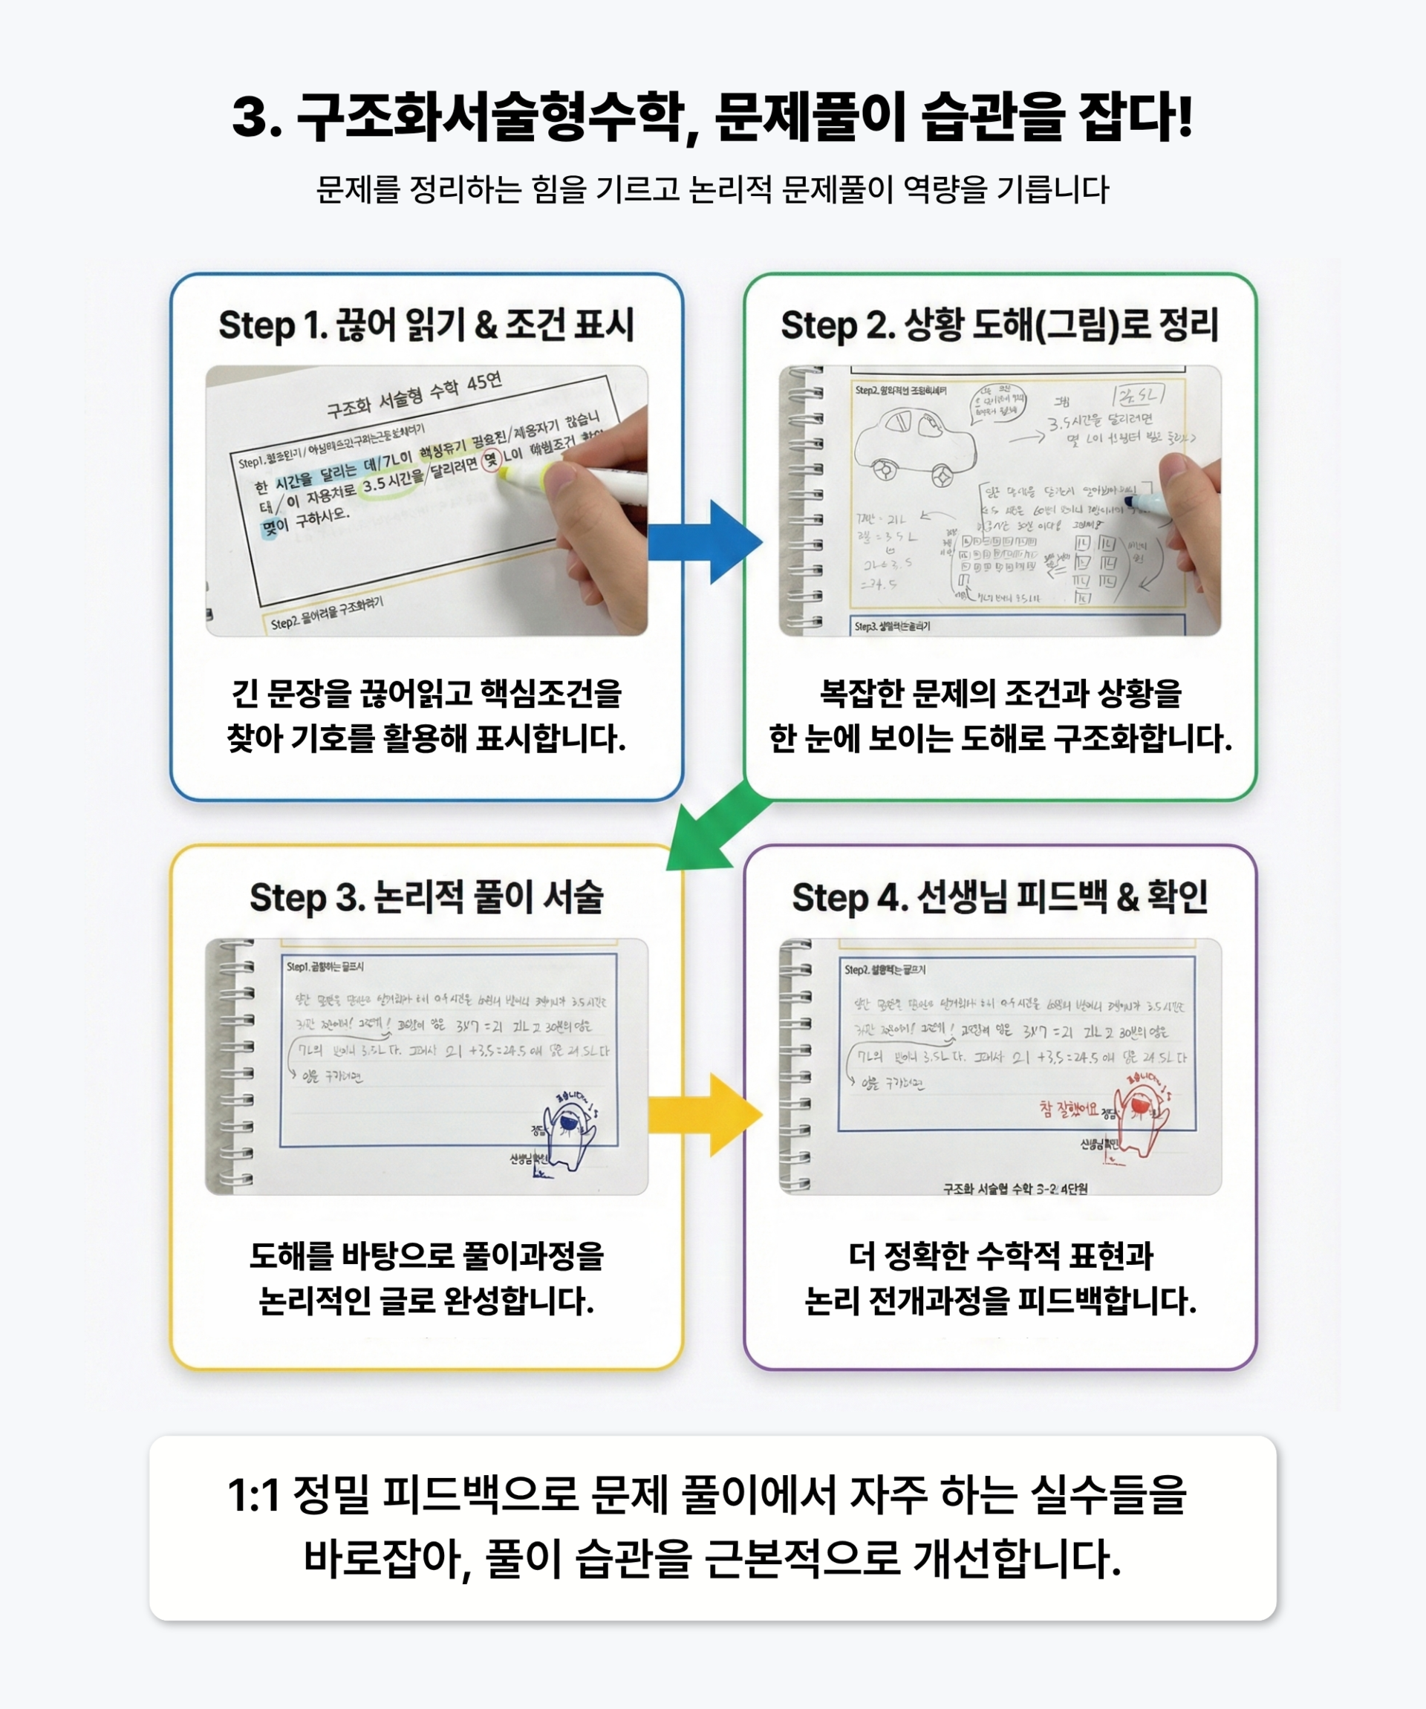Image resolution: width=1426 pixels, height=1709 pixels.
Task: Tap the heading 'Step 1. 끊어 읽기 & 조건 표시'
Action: click(426, 325)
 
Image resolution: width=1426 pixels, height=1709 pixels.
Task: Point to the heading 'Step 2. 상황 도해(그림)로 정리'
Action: click(1000, 325)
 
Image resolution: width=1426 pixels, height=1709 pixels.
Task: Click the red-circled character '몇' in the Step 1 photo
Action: click(491, 460)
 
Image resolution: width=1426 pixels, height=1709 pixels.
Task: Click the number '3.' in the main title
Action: click(256, 118)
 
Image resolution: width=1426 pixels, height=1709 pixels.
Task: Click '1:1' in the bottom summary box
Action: click(253, 1495)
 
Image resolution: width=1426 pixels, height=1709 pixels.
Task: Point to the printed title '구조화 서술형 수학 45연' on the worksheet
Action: click(415, 394)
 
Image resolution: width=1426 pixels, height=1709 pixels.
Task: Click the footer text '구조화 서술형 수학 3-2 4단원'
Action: click(1015, 1189)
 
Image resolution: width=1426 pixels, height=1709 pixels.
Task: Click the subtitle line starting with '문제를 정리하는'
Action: click(712, 189)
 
